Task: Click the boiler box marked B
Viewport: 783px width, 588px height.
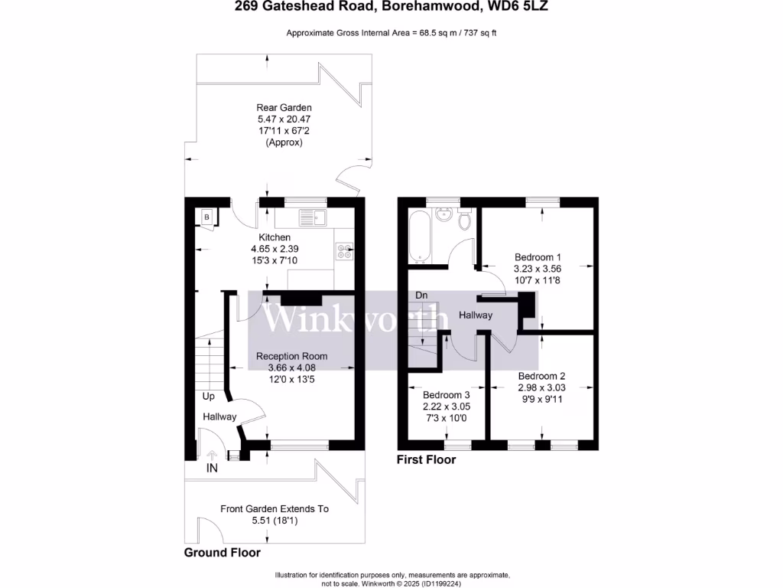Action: pos(206,217)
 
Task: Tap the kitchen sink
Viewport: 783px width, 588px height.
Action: pos(313,217)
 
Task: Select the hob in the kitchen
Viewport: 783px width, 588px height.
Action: pos(344,250)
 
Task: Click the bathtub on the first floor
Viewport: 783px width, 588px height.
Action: pos(417,236)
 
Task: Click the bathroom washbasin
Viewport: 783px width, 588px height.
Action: pos(443,214)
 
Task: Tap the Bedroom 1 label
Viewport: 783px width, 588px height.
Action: pos(538,257)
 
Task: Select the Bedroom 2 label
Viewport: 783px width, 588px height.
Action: pos(541,376)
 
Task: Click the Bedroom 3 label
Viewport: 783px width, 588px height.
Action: pos(447,395)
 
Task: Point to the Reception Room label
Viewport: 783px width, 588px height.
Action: pos(291,356)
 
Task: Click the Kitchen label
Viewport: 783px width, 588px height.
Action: pos(275,238)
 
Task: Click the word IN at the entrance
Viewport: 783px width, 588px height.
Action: pos(212,469)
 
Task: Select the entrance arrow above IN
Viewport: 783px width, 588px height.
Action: pos(212,455)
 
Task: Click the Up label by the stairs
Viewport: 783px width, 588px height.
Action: pos(209,397)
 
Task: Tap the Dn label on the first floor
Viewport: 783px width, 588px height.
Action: pos(421,295)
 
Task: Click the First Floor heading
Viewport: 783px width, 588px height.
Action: pos(426,460)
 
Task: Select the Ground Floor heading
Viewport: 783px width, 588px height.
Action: pos(223,553)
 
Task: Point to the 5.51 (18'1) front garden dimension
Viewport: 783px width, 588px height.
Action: pos(275,521)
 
